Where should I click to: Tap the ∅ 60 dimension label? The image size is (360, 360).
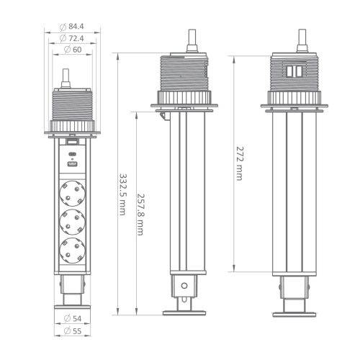click(72, 49)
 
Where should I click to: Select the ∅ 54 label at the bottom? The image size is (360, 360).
click(72, 318)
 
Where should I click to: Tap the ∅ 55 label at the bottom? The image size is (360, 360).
click(72, 331)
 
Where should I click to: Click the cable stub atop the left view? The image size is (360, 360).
click(66, 78)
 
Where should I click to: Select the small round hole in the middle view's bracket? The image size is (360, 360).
click(186, 286)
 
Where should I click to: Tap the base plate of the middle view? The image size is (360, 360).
click(186, 312)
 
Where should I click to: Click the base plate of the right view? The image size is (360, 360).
click(297, 312)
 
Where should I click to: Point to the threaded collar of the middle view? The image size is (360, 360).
click(186, 76)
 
